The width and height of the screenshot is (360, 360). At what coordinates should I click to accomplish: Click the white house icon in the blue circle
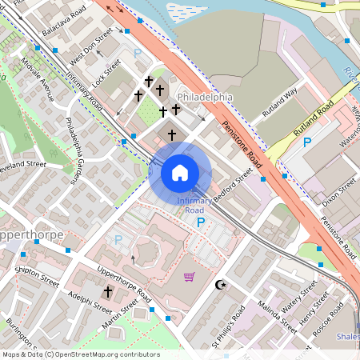[180, 172]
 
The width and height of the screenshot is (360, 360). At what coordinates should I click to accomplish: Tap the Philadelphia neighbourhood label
[204, 97]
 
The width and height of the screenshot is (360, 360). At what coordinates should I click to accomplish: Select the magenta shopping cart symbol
[190, 277]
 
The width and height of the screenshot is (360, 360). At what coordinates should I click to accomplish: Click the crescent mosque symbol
[221, 285]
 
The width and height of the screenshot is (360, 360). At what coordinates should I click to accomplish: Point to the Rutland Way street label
[279, 102]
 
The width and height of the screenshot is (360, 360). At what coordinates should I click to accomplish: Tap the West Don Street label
[91, 50]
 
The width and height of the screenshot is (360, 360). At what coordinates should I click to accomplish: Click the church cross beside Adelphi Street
[107, 293]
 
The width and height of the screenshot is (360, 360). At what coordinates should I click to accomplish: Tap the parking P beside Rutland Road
[306, 142]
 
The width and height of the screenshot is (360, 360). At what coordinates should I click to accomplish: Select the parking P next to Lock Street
[137, 53]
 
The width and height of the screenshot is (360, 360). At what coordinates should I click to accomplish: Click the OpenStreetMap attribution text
[80, 354]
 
